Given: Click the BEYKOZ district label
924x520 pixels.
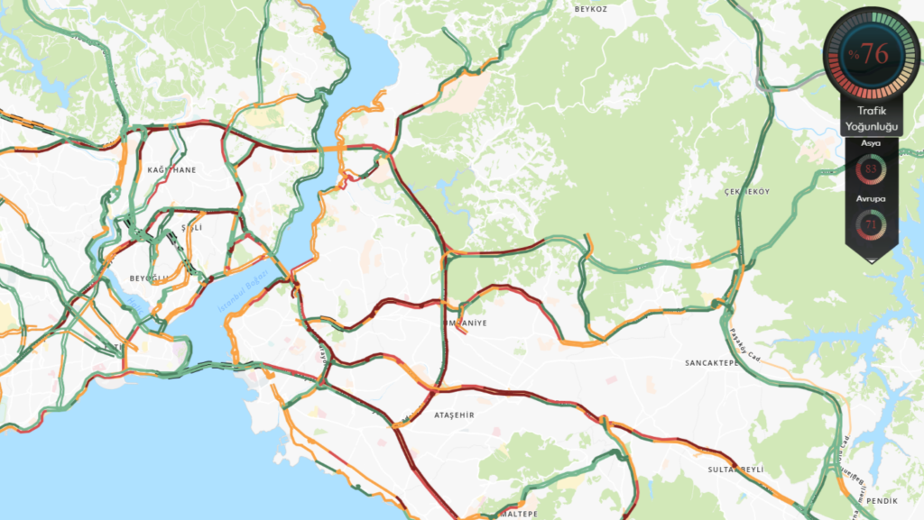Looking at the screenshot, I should coord(593,8).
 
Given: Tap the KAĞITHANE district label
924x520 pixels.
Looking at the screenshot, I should coord(171,169).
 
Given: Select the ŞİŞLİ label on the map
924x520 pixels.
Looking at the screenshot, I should coord(191,228).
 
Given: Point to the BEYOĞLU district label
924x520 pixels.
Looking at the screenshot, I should coord(148,278).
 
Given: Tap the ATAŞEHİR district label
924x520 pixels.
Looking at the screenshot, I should coord(454,415).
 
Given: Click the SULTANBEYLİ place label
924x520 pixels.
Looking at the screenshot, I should coord(736,470).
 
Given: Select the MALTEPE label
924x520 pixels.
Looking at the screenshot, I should coord(519,514).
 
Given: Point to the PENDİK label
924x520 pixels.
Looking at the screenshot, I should coord(882,499).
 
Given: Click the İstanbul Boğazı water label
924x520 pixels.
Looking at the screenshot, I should coord(242,291).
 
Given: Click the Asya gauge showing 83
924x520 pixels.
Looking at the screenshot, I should coord(872,169).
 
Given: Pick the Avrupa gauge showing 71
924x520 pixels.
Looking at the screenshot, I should coord(872,222).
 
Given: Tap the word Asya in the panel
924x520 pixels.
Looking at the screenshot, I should coord(872,143).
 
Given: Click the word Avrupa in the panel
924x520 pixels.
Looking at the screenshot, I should coord(872,197).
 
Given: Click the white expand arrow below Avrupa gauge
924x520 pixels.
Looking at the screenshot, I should coord(872,259).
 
